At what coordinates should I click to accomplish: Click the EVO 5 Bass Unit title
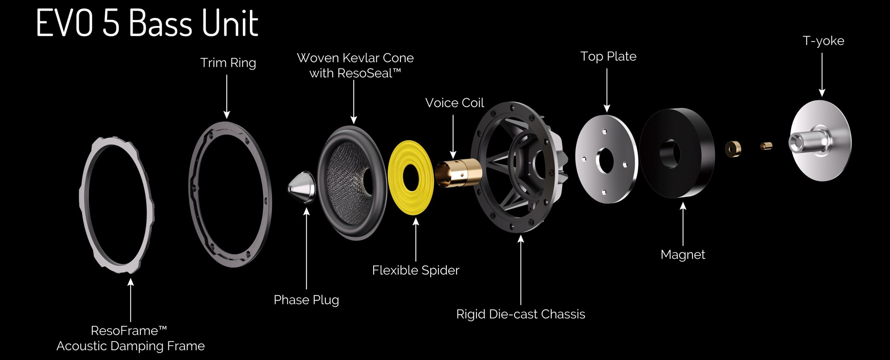pyautogui.click(x=147, y=23)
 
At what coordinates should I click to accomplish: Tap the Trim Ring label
pyautogui.click(x=228, y=63)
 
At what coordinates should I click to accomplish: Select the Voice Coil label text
pyautogui.click(x=454, y=103)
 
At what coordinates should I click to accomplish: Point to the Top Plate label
pyautogui.click(x=608, y=57)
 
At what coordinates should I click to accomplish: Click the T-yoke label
pyautogui.click(x=823, y=41)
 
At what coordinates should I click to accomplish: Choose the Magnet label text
pyautogui.click(x=683, y=254)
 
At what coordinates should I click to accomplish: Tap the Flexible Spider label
pyautogui.click(x=415, y=270)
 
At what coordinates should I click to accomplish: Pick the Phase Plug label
pyautogui.click(x=306, y=300)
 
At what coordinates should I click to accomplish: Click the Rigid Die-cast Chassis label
pyautogui.click(x=521, y=314)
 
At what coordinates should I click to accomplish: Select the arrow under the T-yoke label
pyautogui.click(x=822, y=74)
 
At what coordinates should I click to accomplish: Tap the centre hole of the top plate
pyautogui.click(x=605, y=161)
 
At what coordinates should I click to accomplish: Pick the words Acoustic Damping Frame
pyautogui.click(x=131, y=346)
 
